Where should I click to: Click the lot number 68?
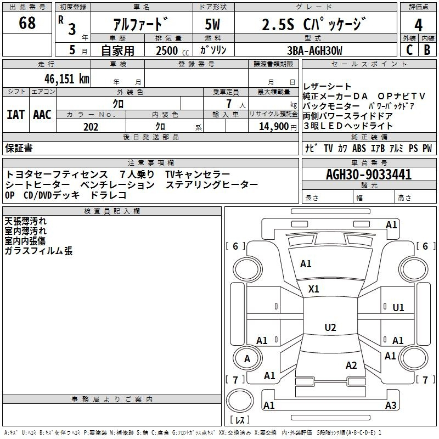27,24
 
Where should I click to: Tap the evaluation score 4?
418,25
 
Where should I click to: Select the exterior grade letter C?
409,49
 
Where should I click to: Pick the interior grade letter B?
427,49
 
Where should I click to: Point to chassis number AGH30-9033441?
368,175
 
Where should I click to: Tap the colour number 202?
91,127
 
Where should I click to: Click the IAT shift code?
15,115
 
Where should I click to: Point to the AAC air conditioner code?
42,115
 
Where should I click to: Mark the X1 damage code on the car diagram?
314,289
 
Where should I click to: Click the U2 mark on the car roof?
330,327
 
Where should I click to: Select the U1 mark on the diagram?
398,307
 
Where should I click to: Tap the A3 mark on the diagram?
391,406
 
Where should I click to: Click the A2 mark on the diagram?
352,365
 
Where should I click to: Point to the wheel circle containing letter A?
247,359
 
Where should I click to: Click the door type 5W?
214,25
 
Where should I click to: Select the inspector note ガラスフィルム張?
38,251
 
